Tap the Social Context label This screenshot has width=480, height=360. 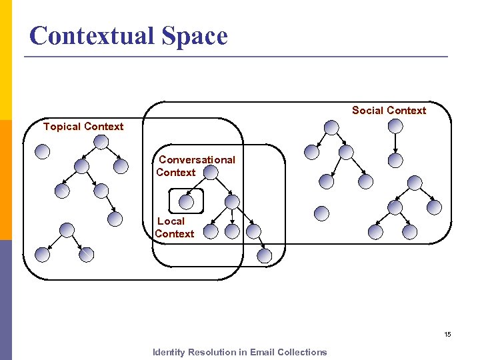click(x=389, y=111)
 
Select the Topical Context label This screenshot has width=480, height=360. click(x=83, y=127)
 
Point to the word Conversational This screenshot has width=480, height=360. click(x=197, y=160)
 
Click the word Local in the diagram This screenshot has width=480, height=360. click(x=171, y=221)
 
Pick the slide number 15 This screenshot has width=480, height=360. click(x=447, y=334)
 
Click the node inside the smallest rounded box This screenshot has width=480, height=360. click(x=187, y=201)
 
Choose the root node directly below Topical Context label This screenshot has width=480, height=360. click(x=101, y=142)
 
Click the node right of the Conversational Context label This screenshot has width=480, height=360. click(x=211, y=173)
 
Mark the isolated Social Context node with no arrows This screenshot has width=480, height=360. click(x=321, y=213)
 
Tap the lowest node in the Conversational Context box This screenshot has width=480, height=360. click(x=265, y=255)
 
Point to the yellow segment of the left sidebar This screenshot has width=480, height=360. click(x=5, y=60)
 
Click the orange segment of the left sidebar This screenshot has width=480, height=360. click(x=5, y=180)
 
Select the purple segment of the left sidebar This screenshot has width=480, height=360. click(x=5, y=300)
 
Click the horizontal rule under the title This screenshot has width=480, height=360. click(x=236, y=57)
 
